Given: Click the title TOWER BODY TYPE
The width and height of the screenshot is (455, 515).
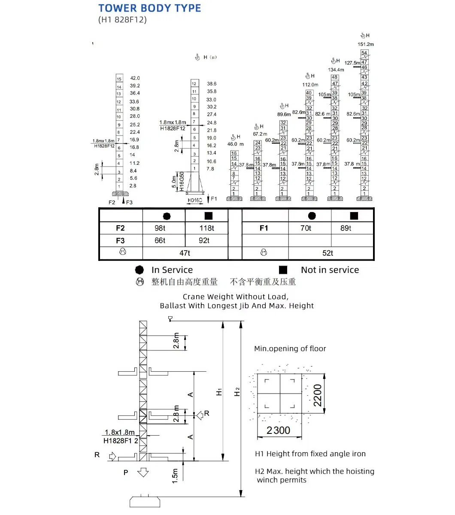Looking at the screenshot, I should pyautogui.click(x=149, y=8).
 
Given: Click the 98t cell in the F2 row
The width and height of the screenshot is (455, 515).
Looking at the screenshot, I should pyautogui.click(x=160, y=228).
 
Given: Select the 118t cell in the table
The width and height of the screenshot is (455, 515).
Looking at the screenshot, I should pyautogui.click(x=206, y=228).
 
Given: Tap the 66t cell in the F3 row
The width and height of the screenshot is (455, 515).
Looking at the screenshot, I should pyautogui.click(x=160, y=241).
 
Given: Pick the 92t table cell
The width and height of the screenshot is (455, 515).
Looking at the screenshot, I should pyautogui.click(x=204, y=241).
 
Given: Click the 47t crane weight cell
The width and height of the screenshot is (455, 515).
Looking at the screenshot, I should pyautogui.click(x=185, y=253).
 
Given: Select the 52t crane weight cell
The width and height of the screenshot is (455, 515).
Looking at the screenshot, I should pyautogui.click(x=328, y=253).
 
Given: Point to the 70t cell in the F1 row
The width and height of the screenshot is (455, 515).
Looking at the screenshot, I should pyautogui.click(x=306, y=228).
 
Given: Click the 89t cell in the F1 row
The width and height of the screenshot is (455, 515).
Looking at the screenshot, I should pyautogui.click(x=346, y=228).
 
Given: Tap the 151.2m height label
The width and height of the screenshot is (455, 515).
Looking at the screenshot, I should pyautogui.click(x=366, y=44).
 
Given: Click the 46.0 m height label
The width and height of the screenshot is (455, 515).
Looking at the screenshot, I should pyautogui.click(x=235, y=144).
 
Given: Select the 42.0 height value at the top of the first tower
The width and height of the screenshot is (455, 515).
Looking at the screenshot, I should pyautogui.click(x=135, y=78).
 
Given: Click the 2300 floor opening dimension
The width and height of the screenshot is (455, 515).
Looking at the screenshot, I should pyautogui.click(x=278, y=430).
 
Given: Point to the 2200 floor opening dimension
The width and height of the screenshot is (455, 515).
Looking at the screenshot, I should pyautogui.click(x=317, y=395).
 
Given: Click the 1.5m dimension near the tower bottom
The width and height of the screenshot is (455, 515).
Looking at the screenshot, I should pyautogui.click(x=175, y=476).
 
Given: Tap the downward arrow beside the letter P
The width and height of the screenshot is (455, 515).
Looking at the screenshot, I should pyautogui.click(x=143, y=473).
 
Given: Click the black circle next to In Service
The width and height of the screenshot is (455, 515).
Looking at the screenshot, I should pyautogui.click(x=139, y=270).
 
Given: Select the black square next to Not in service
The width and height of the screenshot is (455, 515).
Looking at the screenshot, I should pyautogui.click(x=283, y=270).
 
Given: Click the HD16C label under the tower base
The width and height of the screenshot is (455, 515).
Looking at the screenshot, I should pyautogui.click(x=195, y=200).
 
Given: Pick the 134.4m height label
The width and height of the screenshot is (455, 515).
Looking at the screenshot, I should pyautogui.click(x=336, y=70).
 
